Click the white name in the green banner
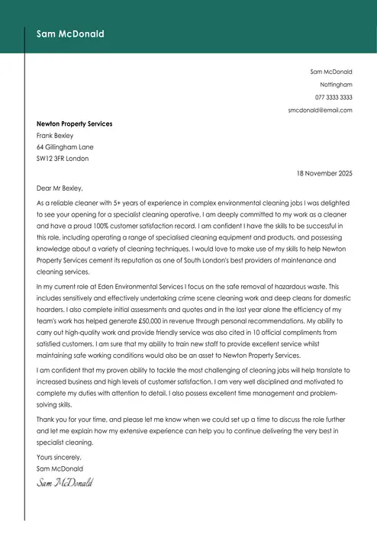coord(70,34)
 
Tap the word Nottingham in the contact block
coord(336,84)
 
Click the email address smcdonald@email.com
coord(320,110)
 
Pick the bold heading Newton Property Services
coord(74,124)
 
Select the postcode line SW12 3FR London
coord(63,159)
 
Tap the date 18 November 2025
coord(324,174)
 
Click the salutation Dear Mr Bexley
coord(59,188)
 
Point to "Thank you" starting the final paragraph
coord(50,420)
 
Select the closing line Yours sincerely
coord(58,457)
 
